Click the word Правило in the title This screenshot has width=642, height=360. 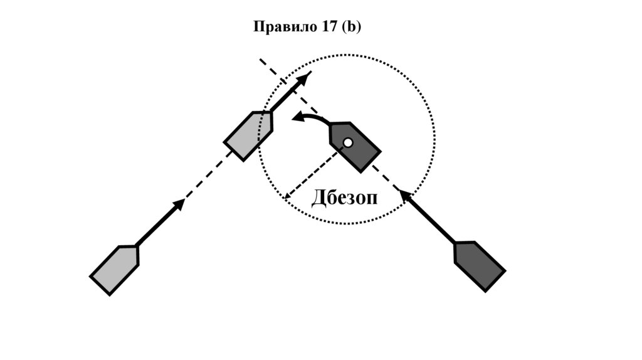tap(280, 28)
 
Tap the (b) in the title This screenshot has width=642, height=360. tap(351, 28)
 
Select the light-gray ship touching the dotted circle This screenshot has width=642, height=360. tap(249, 135)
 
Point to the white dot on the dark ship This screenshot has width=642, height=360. tap(348, 142)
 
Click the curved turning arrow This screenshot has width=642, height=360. tap(311, 117)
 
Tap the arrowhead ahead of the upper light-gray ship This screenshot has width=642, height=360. tap(305, 78)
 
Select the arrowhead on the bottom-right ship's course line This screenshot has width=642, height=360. tap(406, 197)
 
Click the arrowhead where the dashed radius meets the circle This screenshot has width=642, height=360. tap(287, 196)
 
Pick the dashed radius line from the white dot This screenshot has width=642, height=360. tap(317, 170)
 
